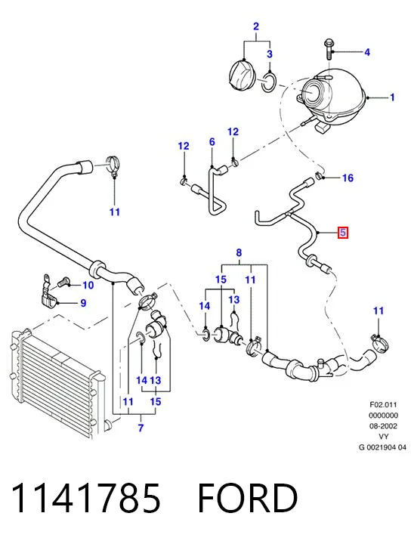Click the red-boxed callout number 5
343,233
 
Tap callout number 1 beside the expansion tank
392,97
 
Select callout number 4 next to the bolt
367,52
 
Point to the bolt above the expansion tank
328,49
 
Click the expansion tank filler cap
242,76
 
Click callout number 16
348,178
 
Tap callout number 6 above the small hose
212,142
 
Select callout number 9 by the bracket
83,303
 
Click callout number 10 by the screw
88,285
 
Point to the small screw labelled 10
63,282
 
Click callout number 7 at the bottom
141,428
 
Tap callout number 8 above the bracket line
239,253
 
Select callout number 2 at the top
256,26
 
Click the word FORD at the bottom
248,498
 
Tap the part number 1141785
85,498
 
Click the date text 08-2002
383,425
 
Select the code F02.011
383,404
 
